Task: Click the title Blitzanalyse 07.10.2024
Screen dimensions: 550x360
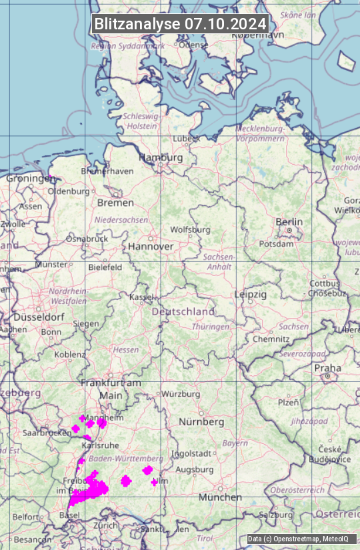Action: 180,23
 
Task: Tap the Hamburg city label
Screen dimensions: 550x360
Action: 161,157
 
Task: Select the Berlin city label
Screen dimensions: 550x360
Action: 289,222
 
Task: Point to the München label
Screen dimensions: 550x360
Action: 220,497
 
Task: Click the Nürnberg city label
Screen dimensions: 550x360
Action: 201,422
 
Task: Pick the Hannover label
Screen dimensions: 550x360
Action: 151,247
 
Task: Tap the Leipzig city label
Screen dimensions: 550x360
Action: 251,294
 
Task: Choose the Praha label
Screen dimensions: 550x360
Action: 327,368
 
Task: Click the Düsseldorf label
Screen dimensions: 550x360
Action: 38,317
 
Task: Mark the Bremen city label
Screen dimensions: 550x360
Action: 115,202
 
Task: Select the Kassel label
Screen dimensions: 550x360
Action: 142,297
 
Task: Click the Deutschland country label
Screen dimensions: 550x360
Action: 183,311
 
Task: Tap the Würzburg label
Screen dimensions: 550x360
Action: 181,394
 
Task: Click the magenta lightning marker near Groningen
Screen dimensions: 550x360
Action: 49,177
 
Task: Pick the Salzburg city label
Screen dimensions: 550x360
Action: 276,515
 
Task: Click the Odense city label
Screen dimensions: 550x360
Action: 193,45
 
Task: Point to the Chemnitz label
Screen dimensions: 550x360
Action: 271,339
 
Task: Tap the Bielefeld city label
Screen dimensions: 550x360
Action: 105,267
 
